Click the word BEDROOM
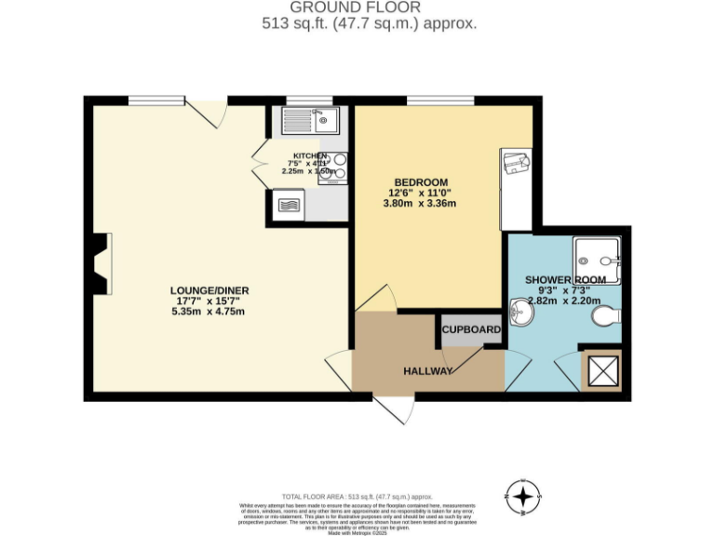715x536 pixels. (421, 181)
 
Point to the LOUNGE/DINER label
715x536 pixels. (209, 290)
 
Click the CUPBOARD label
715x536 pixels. (471, 329)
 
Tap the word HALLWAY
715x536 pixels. (428, 371)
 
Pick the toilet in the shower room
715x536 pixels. (606, 317)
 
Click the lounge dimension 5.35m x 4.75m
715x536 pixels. (209, 312)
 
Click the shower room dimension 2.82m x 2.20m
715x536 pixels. (566, 301)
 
